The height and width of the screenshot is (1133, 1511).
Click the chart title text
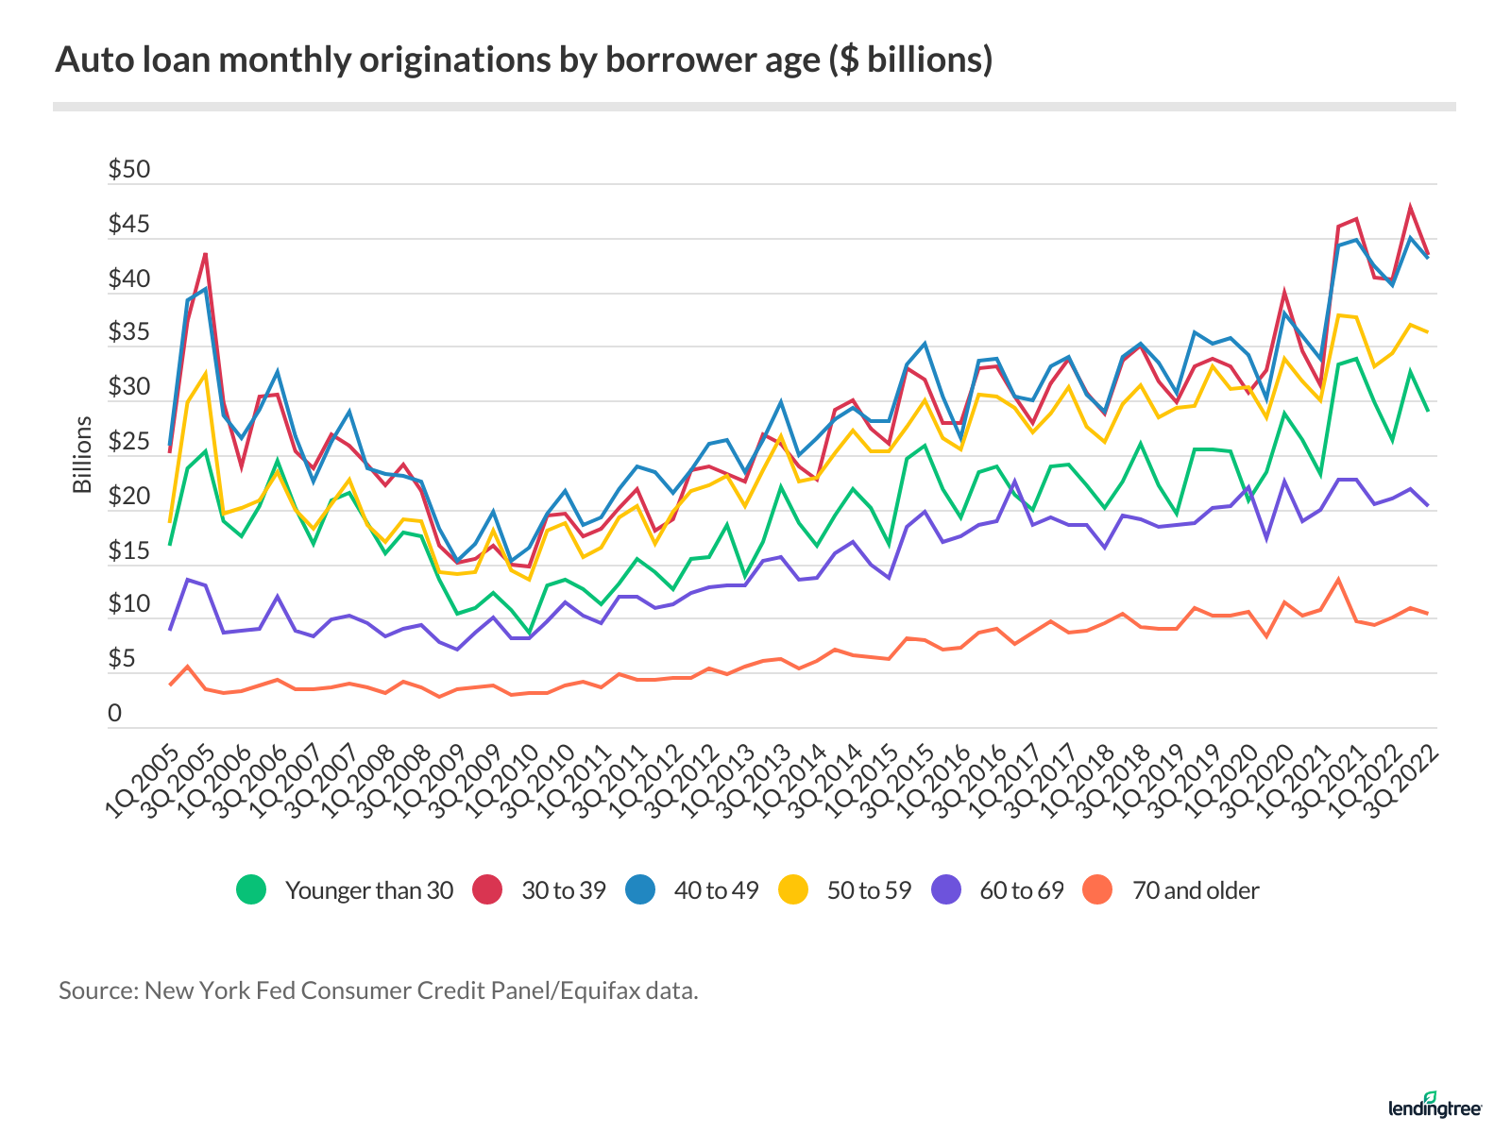tap(524, 59)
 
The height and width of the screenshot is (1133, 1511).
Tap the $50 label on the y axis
tap(128, 170)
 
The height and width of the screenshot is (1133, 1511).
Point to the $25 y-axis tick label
tap(128, 442)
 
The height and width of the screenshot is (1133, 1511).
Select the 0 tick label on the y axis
tap(115, 714)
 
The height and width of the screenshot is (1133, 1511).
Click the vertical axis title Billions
tap(83, 455)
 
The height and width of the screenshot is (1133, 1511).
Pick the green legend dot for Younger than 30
tap(251, 890)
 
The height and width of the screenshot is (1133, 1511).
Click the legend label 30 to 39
tap(563, 890)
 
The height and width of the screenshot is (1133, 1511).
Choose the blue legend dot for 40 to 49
tap(640, 890)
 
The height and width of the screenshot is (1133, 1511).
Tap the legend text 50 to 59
tap(869, 890)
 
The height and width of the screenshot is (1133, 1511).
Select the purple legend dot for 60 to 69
tap(946, 890)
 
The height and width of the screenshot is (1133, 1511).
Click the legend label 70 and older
tap(1195, 890)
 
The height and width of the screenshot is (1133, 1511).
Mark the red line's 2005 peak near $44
tap(205, 253)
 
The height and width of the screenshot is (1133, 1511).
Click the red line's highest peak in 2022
tap(1410, 207)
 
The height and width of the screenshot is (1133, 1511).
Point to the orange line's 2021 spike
tap(1338, 579)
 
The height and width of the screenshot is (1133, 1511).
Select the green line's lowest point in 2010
tap(529, 633)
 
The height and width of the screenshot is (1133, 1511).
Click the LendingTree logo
tap(1435, 1106)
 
